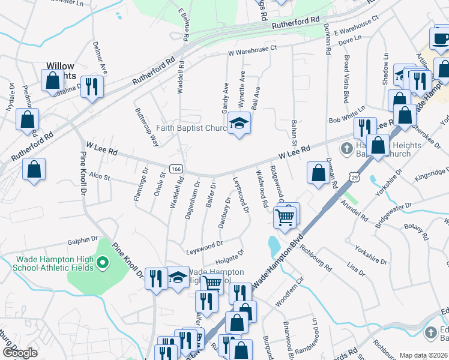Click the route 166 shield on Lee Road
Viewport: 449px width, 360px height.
coord(175,169)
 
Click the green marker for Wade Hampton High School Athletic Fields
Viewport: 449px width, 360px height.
coord(102,262)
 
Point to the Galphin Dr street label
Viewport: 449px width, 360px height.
coord(83,239)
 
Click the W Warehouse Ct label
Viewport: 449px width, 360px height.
coord(252,50)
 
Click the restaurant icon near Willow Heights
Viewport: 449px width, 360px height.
coord(92,86)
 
